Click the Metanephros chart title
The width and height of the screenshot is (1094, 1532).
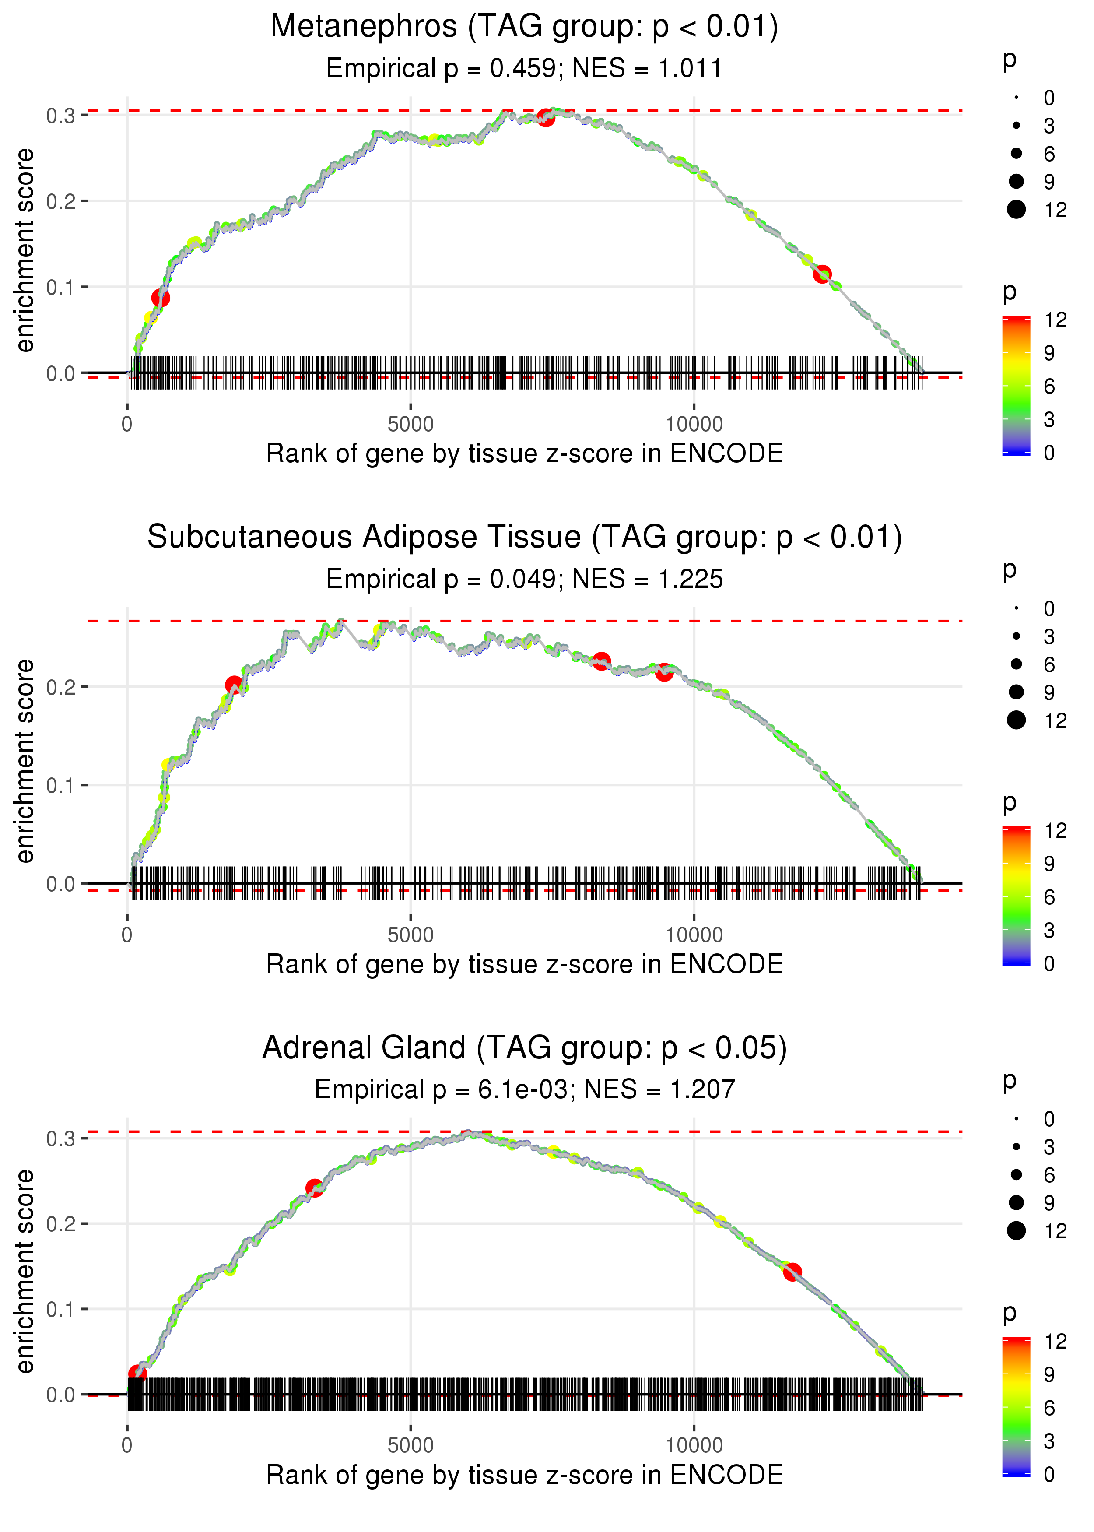[524, 27]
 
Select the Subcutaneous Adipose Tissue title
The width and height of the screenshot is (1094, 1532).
[524, 538]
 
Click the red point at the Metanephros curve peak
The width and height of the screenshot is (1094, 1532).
[546, 118]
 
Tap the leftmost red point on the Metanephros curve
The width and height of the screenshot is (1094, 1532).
[160, 298]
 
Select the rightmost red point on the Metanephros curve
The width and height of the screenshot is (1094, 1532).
[822, 274]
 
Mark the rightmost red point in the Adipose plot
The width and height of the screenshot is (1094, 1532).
[664, 672]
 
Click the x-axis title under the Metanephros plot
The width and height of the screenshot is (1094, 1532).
[524, 453]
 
